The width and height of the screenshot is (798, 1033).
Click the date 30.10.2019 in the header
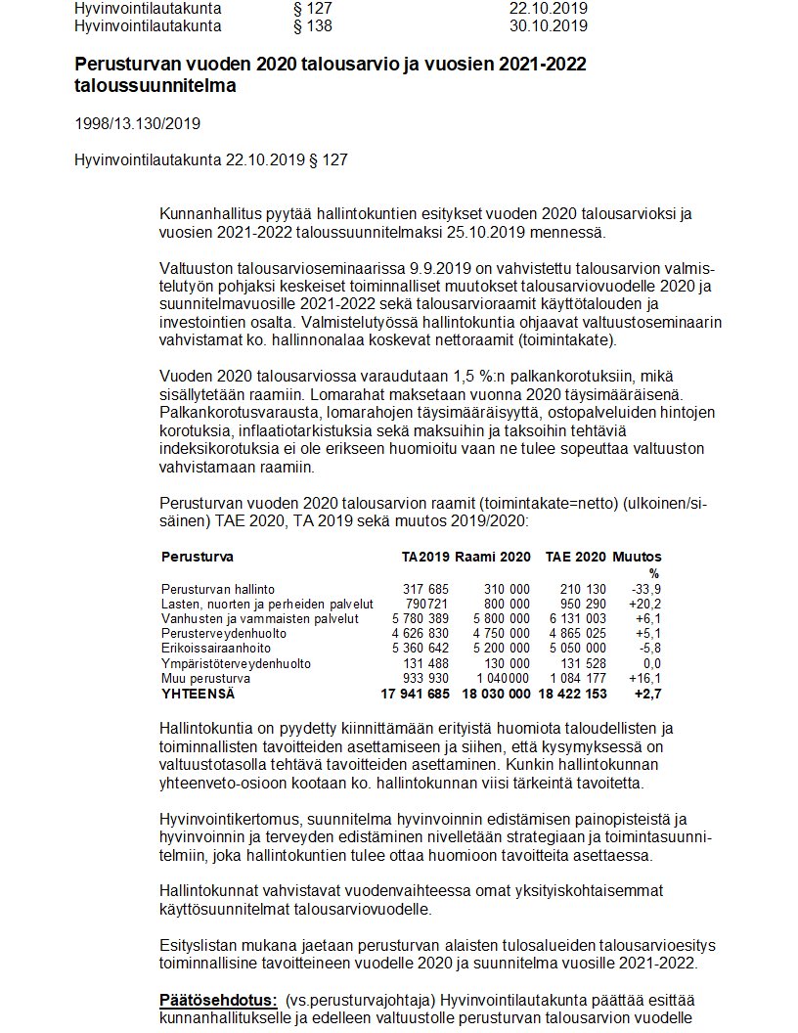548,25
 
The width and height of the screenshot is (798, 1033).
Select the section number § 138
312,25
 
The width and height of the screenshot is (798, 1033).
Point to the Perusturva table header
197,557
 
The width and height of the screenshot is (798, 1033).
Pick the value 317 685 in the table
425,589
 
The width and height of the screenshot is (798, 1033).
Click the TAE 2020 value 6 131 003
576,618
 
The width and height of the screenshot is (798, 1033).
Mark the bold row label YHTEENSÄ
199,694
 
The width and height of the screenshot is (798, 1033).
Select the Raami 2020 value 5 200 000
500,648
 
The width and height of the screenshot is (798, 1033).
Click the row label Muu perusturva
205,677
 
